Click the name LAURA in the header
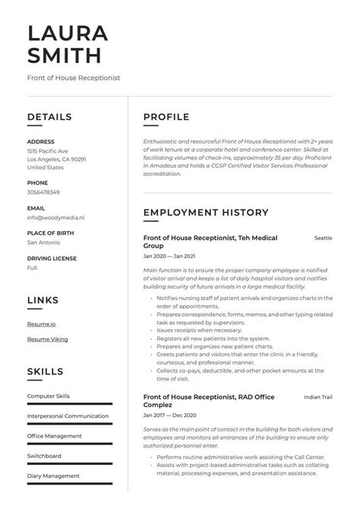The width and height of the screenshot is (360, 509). point(68,33)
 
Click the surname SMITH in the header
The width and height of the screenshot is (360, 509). point(64,55)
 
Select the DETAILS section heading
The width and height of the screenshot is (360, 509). point(49,117)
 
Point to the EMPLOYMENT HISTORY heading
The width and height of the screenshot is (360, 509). point(206,213)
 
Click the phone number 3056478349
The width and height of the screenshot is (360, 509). point(45,193)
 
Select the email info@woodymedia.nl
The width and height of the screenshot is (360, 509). point(55,217)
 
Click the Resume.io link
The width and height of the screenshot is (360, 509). point(41,324)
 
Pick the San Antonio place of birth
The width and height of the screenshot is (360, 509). point(43,242)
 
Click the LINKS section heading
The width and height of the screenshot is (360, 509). point(43,301)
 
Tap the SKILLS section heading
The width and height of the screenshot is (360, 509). point(45,371)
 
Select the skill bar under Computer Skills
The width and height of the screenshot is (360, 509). point(69,403)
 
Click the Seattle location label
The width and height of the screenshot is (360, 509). point(324,239)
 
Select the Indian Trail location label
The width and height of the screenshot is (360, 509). point(318,397)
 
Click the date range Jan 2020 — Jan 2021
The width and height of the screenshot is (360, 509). point(169,257)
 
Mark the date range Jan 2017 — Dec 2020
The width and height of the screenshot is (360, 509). point(169,416)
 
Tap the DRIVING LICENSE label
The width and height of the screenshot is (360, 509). point(52,258)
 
